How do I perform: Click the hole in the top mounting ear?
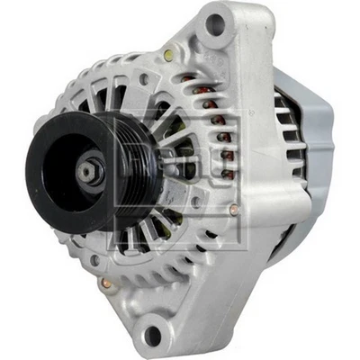click(x=216, y=24)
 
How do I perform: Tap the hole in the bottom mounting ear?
click(x=153, y=336)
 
